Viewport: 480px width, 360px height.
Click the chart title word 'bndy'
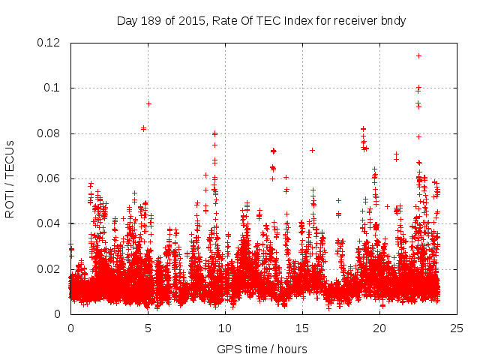pyautogui.click(x=393, y=21)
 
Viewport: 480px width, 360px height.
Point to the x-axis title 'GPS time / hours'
pyautogui.click(x=262, y=349)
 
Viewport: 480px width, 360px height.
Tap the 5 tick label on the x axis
pyautogui.click(x=148, y=328)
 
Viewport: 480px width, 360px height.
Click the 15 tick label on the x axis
pyautogui.click(x=302, y=328)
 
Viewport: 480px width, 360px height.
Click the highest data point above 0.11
pyautogui.click(x=418, y=55)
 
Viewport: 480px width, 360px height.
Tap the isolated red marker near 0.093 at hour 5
pyautogui.click(x=148, y=103)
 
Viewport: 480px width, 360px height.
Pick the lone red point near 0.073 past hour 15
pyautogui.click(x=312, y=150)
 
